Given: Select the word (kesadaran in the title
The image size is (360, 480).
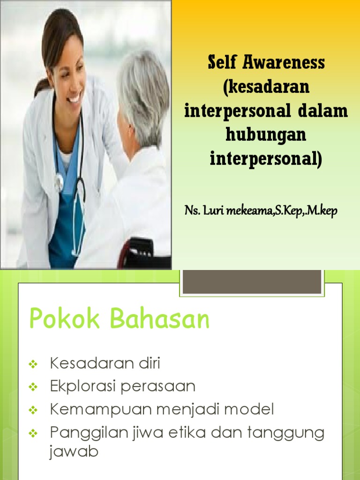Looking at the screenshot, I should click(x=266, y=87).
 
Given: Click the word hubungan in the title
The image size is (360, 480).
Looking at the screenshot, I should click(x=266, y=135).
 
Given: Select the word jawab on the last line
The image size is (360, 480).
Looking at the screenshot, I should click(x=74, y=452).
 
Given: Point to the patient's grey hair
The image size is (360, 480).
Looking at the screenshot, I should click(x=143, y=89).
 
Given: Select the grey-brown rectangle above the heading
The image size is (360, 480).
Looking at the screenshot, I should click(x=252, y=281).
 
